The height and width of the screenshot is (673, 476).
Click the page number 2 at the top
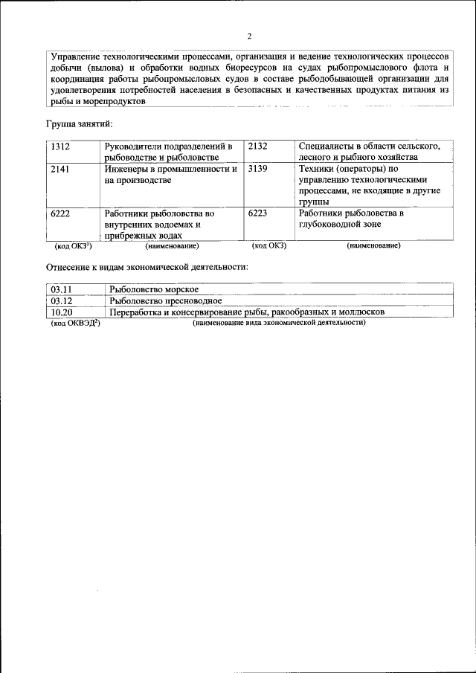pos(249,36)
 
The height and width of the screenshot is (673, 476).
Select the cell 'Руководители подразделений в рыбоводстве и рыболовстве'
pos(170,151)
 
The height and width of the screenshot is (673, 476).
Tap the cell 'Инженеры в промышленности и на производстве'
pos(170,175)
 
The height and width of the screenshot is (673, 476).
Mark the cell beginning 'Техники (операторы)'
pos(367,185)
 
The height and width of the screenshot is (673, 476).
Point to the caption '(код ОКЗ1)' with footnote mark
pos(74,245)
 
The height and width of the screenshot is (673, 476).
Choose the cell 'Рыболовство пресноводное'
pos(165,301)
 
